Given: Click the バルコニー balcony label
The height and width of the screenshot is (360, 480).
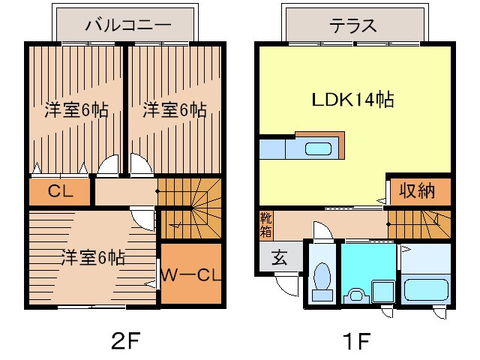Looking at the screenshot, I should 127,24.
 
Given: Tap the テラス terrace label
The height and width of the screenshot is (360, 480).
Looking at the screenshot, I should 352,24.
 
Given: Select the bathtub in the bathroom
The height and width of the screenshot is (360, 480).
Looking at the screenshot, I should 424,288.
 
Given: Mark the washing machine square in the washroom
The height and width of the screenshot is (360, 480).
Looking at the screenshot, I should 382,291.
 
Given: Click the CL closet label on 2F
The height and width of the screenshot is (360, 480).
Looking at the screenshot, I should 59,190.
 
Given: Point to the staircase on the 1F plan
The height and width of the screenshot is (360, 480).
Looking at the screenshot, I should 420,222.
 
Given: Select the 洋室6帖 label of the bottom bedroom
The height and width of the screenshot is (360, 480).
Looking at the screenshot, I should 92,257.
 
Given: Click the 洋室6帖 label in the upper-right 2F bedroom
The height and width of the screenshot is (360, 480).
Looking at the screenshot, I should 174,109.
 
